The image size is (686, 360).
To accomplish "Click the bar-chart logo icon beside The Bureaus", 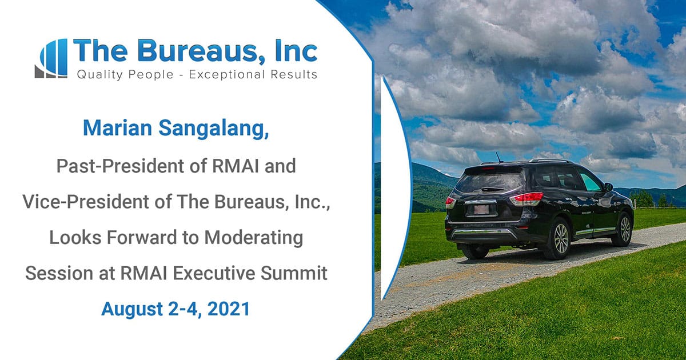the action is (x=51, y=58).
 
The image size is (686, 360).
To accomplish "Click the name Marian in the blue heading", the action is (x=118, y=128).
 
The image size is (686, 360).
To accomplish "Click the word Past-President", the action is (x=120, y=166).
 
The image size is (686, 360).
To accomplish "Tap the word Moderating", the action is (x=254, y=238).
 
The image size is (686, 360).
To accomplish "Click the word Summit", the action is (x=294, y=273).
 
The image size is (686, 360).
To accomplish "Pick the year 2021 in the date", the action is (x=229, y=309).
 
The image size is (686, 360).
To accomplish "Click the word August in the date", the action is (x=132, y=310).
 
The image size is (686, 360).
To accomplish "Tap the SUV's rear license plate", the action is (x=481, y=209).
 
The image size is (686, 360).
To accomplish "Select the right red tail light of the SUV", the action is (x=527, y=198).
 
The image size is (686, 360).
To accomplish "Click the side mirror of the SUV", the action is (x=608, y=187).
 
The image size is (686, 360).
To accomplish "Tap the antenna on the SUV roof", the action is (x=499, y=157).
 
